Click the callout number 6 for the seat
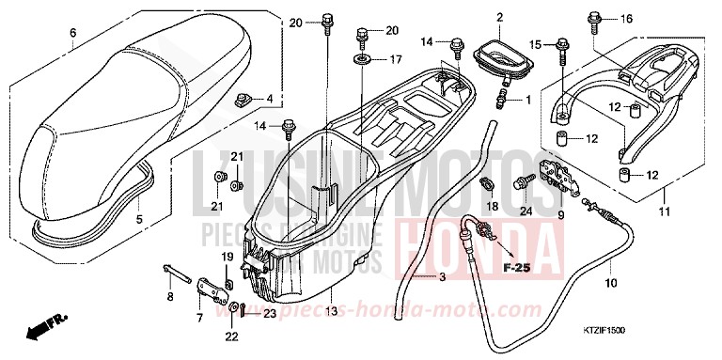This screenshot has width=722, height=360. pyautogui.click(x=72, y=34)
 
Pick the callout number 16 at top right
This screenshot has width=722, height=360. pyautogui.click(x=627, y=19)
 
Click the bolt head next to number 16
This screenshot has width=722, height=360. pyautogui.click(x=595, y=17)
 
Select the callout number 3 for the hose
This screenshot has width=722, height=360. pyautogui.click(x=442, y=276)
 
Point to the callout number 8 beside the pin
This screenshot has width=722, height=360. pyautogui.click(x=170, y=297)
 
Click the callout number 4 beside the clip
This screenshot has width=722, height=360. pyautogui.click(x=270, y=98)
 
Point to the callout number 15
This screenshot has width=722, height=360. pyautogui.click(x=536, y=44)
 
